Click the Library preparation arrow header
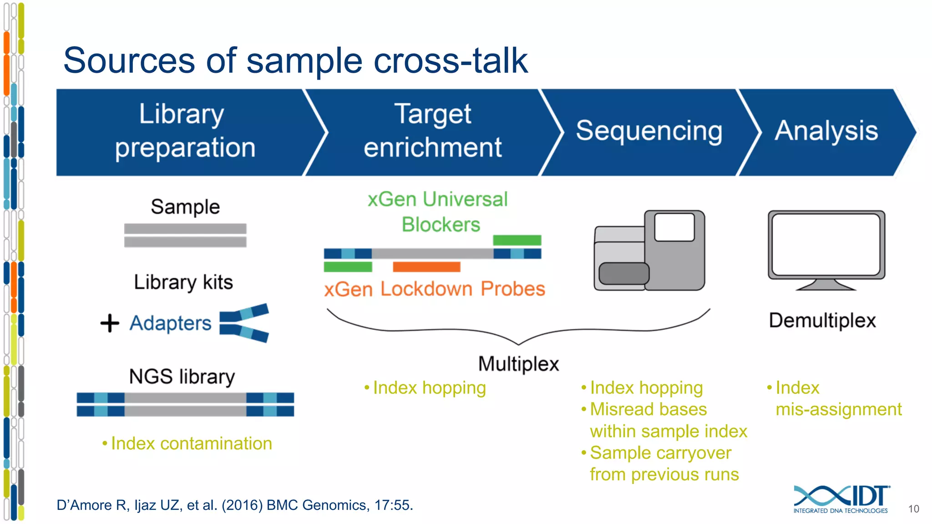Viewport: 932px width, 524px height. [184, 132]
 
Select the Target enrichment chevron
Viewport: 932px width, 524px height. [432, 132]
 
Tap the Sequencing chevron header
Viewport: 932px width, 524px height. [648, 132]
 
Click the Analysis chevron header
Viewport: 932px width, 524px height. [826, 132]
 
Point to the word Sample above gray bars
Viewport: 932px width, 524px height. [185, 207]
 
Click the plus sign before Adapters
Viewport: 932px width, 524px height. [110, 323]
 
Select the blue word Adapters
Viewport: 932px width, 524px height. [171, 323]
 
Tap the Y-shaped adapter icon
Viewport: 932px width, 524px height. [244, 323]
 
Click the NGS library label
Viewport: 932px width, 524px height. [182, 377]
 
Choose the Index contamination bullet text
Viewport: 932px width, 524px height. [191, 443]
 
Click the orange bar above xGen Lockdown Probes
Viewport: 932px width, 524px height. [426, 267]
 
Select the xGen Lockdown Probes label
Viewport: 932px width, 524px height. [435, 289]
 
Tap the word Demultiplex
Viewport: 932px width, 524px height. [822, 321]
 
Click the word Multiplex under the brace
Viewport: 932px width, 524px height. [518, 364]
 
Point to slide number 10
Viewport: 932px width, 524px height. [913, 509]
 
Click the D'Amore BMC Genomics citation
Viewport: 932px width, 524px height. [235, 505]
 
